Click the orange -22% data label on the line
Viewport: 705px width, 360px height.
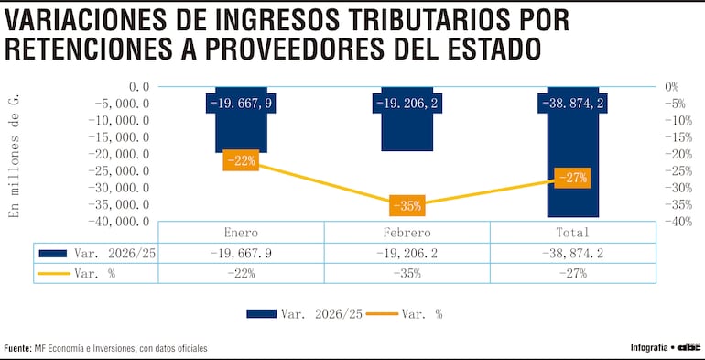coord(242,161)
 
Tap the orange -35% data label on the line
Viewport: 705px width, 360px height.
coord(407,205)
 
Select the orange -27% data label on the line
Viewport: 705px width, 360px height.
coord(573,178)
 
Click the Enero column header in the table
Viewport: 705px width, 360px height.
coord(242,233)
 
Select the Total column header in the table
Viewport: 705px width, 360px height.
coord(573,233)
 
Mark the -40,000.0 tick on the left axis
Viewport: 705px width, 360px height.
coord(124,221)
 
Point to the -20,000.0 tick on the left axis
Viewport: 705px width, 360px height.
coord(124,154)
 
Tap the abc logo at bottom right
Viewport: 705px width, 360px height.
coord(689,347)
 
